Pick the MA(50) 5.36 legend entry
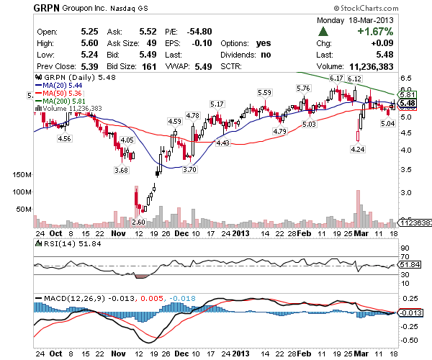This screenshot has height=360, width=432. coord(64,93)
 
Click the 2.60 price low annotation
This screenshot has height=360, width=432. coord(139,222)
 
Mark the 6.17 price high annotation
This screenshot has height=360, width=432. coord(336,77)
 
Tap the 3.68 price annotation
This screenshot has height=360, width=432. coord(121,170)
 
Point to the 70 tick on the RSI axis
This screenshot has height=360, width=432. coord(404,256)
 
